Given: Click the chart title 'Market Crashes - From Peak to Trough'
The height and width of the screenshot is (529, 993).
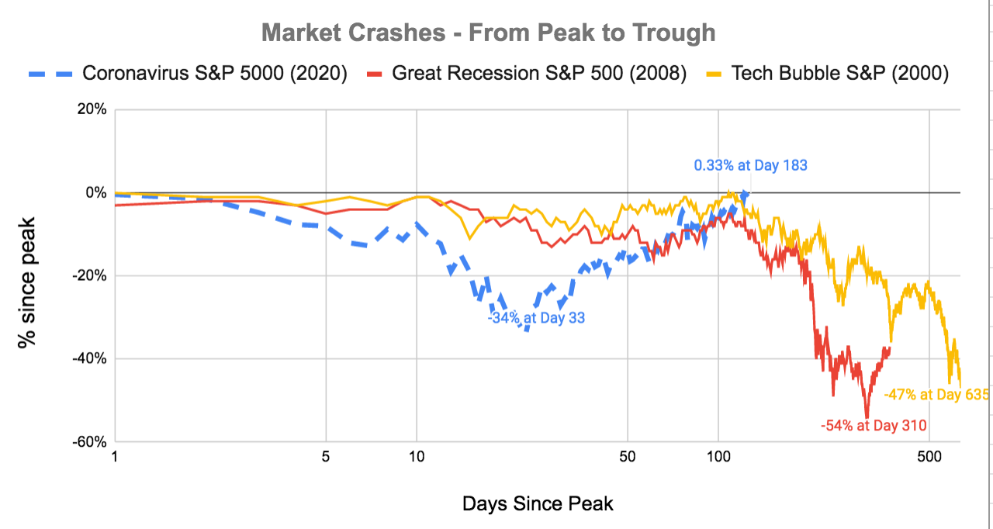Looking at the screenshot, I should click(489, 33).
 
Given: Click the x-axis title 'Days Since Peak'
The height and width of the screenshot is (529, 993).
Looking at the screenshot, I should click(538, 503).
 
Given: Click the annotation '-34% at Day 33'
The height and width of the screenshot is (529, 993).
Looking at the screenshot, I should click(536, 317).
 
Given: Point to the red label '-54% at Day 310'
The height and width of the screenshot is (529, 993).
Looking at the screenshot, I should click(874, 424).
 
